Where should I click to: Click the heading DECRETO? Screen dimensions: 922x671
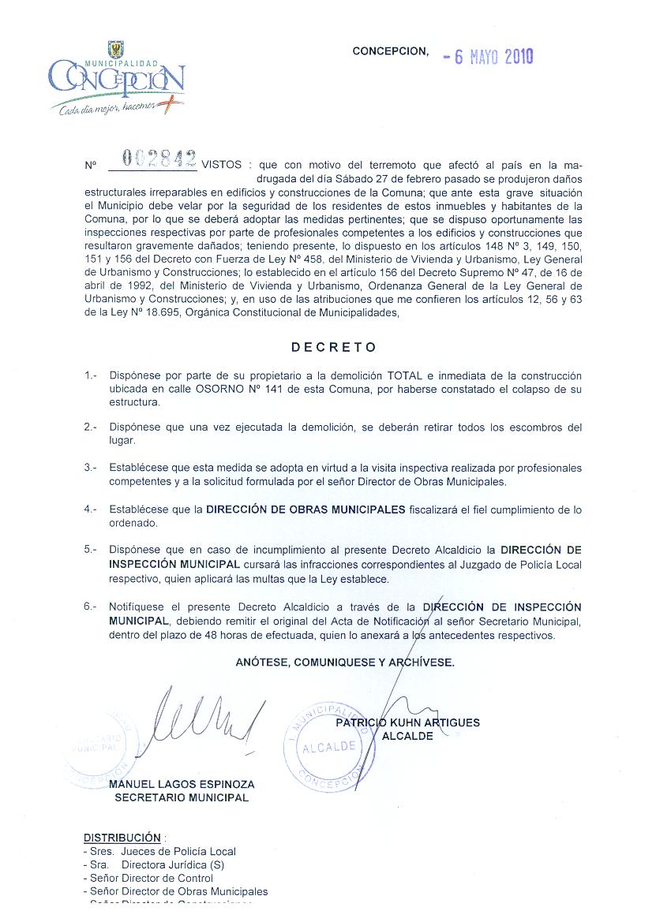(334, 347)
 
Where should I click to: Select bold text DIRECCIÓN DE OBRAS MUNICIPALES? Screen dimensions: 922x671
(306, 510)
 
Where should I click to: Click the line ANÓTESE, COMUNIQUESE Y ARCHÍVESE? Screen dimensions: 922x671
(345, 663)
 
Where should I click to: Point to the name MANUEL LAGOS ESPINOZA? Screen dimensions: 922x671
(182, 785)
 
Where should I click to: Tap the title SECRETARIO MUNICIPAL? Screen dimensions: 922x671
(182, 797)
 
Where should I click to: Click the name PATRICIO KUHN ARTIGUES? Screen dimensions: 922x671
(407, 722)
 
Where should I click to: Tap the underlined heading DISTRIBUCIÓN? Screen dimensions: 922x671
(122, 838)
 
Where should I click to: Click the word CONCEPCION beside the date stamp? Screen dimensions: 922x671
(390, 51)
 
